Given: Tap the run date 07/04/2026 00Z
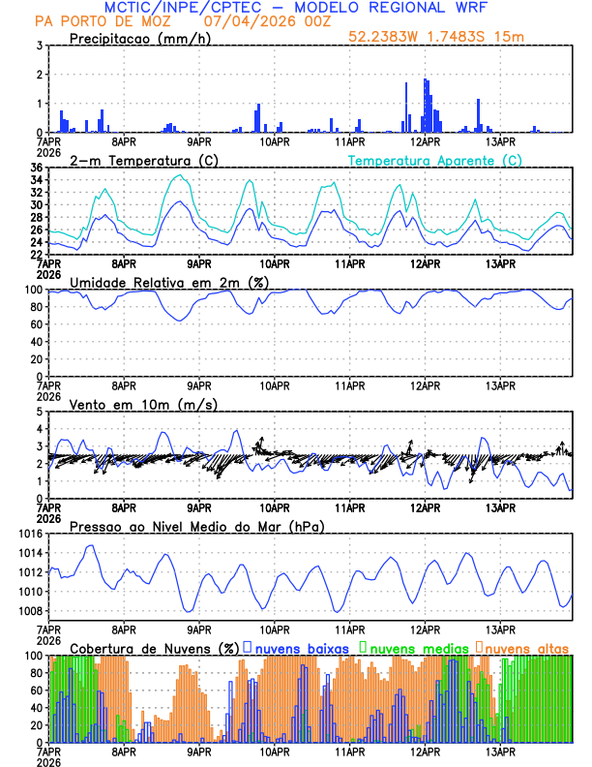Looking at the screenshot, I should click(x=269, y=20).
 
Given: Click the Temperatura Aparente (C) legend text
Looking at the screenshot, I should click(x=435, y=160).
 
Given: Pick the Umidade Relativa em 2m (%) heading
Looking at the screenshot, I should click(x=169, y=282).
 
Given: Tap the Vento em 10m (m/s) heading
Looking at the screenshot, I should click(x=143, y=404).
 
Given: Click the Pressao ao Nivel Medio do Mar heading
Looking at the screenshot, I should click(x=196, y=526).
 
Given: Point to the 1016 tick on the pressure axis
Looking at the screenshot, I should click(x=31, y=534).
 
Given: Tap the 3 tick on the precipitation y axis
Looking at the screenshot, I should click(x=39, y=46).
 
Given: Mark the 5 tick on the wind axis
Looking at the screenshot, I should click(x=39, y=412).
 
